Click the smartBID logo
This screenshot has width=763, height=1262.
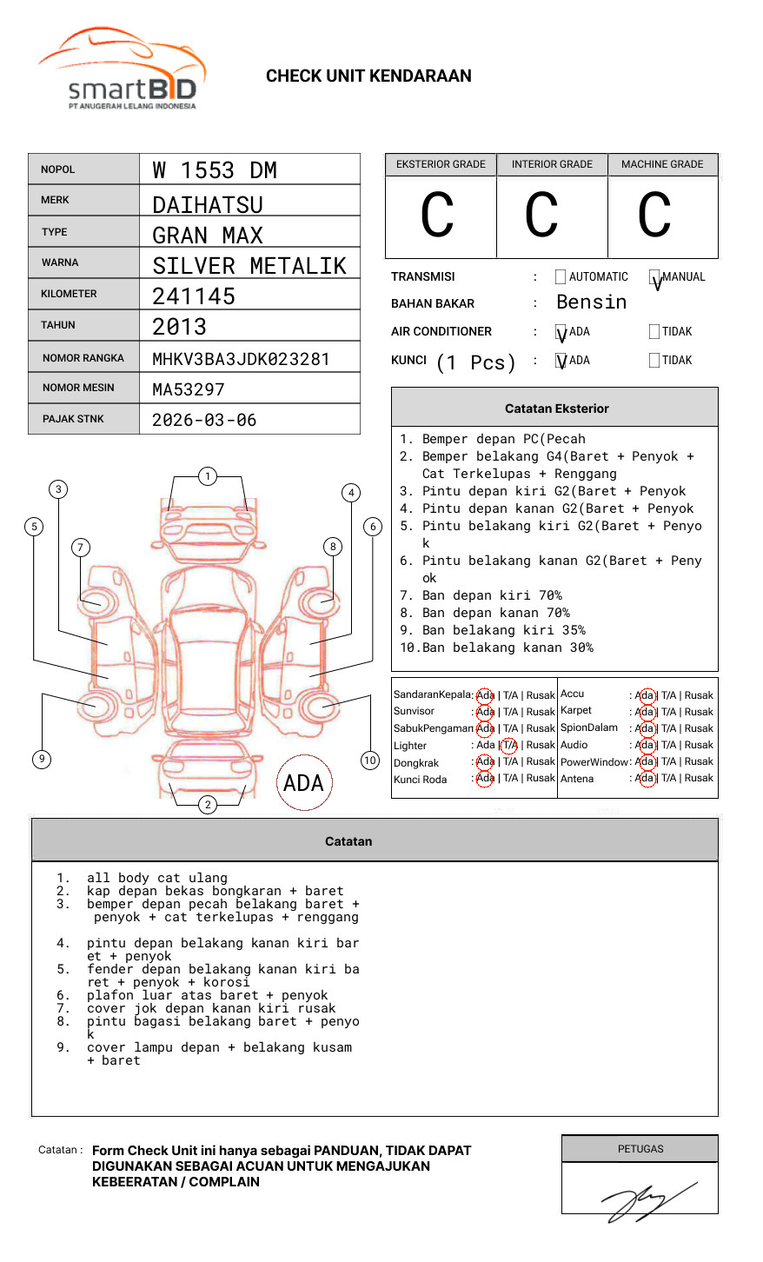click(122, 70)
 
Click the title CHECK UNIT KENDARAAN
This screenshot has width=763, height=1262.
click(368, 76)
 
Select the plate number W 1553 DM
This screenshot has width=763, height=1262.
click(215, 170)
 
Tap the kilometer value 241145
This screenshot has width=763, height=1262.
click(194, 296)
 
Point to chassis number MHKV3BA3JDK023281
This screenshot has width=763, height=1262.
click(241, 359)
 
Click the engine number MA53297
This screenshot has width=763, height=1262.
click(189, 389)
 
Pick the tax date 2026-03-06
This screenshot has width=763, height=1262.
click(204, 420)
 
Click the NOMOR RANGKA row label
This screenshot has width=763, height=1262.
click(83, 358)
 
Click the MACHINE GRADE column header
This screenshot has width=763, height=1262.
click(662, 164)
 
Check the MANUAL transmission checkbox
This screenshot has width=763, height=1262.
click(655, 278)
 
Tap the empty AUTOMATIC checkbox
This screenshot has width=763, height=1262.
click(561, 277)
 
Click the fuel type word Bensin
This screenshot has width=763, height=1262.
click(591, 302)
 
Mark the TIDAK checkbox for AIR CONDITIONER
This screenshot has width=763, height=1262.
click(654, 332)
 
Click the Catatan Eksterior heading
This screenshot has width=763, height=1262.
click(556, 408)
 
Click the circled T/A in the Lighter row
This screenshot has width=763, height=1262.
click(509, 746)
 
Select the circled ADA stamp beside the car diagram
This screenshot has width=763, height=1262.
click(303, 783)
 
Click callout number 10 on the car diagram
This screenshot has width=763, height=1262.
click(370, 761)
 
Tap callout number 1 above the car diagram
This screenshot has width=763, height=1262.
click(207, 476)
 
